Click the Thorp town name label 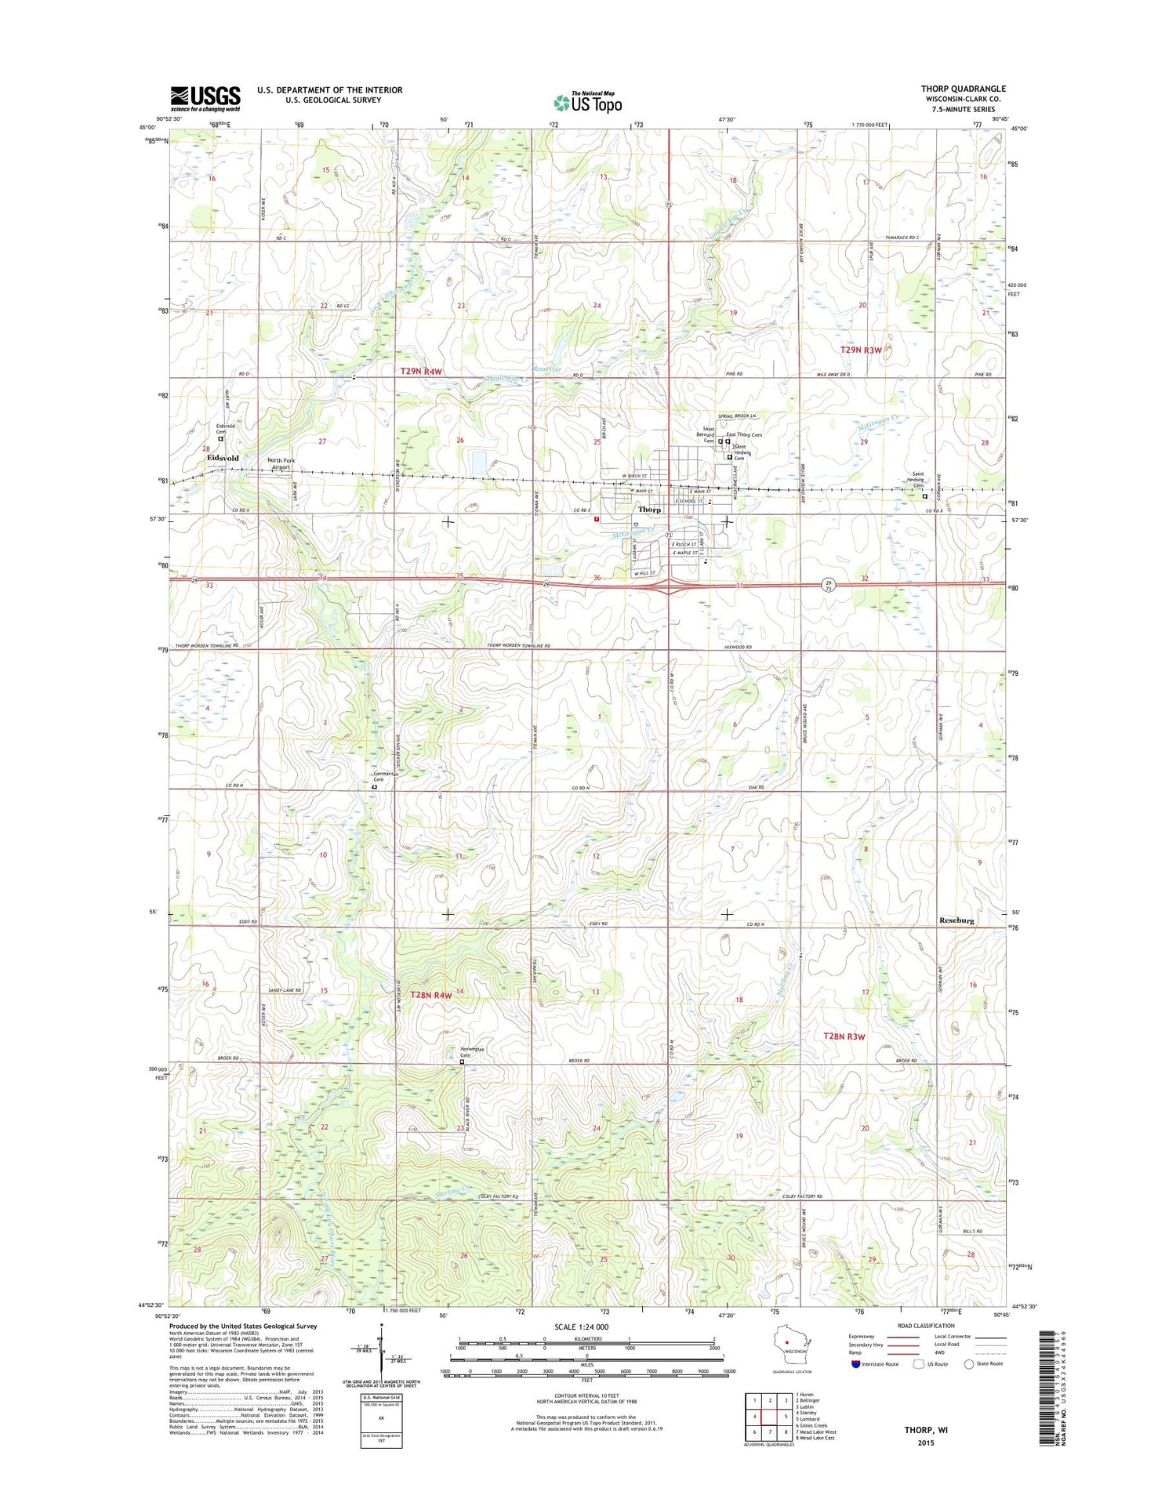(x=649, y=510)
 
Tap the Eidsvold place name (x=223, y=457)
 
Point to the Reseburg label (x=956, y=920)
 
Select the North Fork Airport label (x=280, y=463)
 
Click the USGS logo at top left (x=205, y=99)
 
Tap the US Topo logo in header (x=588, y=102)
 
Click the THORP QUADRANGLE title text (x=963, y=89)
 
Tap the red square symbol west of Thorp (x=597, y=518)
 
